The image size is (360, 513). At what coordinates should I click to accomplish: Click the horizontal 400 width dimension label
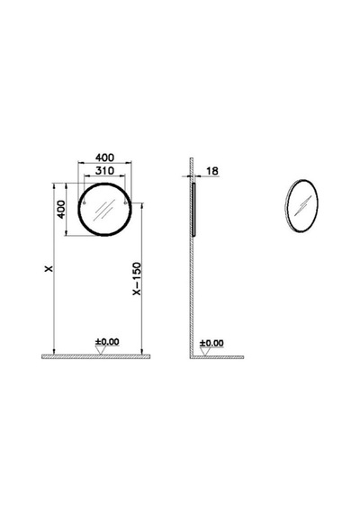104,157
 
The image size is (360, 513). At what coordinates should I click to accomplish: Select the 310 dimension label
104,170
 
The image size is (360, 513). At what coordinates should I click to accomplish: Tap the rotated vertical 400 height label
61,210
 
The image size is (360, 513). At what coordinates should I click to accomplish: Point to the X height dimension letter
49,268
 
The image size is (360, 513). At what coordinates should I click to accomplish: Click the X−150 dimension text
137,278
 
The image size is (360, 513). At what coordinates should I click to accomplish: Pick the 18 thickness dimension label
212,171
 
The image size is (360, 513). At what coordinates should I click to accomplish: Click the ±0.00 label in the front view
107,342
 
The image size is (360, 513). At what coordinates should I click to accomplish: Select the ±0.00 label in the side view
211,343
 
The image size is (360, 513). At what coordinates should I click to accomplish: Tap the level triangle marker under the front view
101,350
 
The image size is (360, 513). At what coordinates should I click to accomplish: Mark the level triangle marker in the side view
205,352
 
